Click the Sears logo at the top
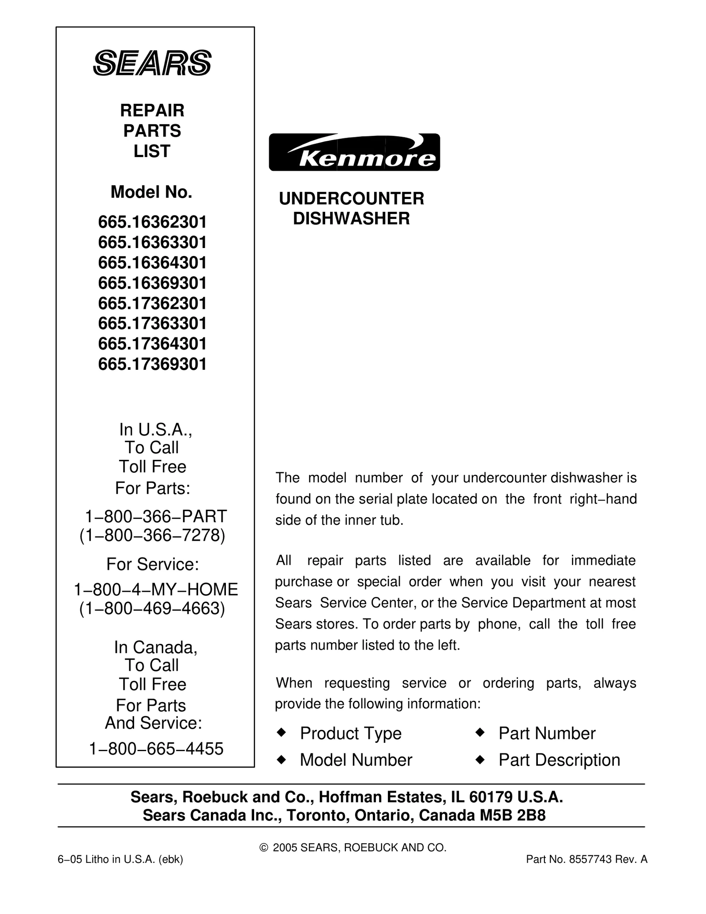click(152, 63)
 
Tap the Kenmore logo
click(354, 152)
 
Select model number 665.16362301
click(152, 222)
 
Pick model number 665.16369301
click(152, 283)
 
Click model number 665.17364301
click(152, 344)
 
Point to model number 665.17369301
click(152, 364)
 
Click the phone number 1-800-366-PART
click(155, 515)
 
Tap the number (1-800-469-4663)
click(152, 608)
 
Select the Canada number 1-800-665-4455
click(156, 749)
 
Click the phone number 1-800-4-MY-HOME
click(156, 589)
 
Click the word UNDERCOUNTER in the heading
click(352, 199)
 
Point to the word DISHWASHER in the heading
click(352, 219)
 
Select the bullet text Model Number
click(356, 760)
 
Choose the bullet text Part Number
click(547, 733)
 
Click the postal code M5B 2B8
click(513, 815)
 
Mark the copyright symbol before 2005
click(264, 848)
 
